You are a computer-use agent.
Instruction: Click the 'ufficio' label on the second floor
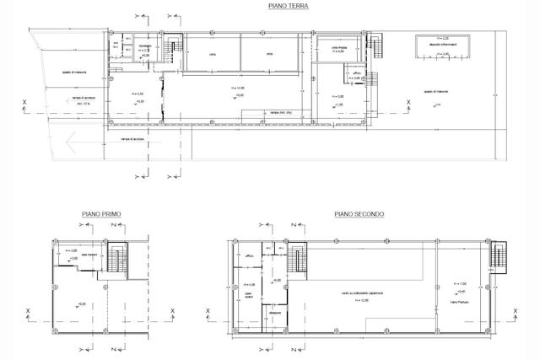250,254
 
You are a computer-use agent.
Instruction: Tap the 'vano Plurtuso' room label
458,301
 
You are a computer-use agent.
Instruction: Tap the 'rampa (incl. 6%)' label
280,111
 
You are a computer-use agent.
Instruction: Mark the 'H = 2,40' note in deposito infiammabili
445,53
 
